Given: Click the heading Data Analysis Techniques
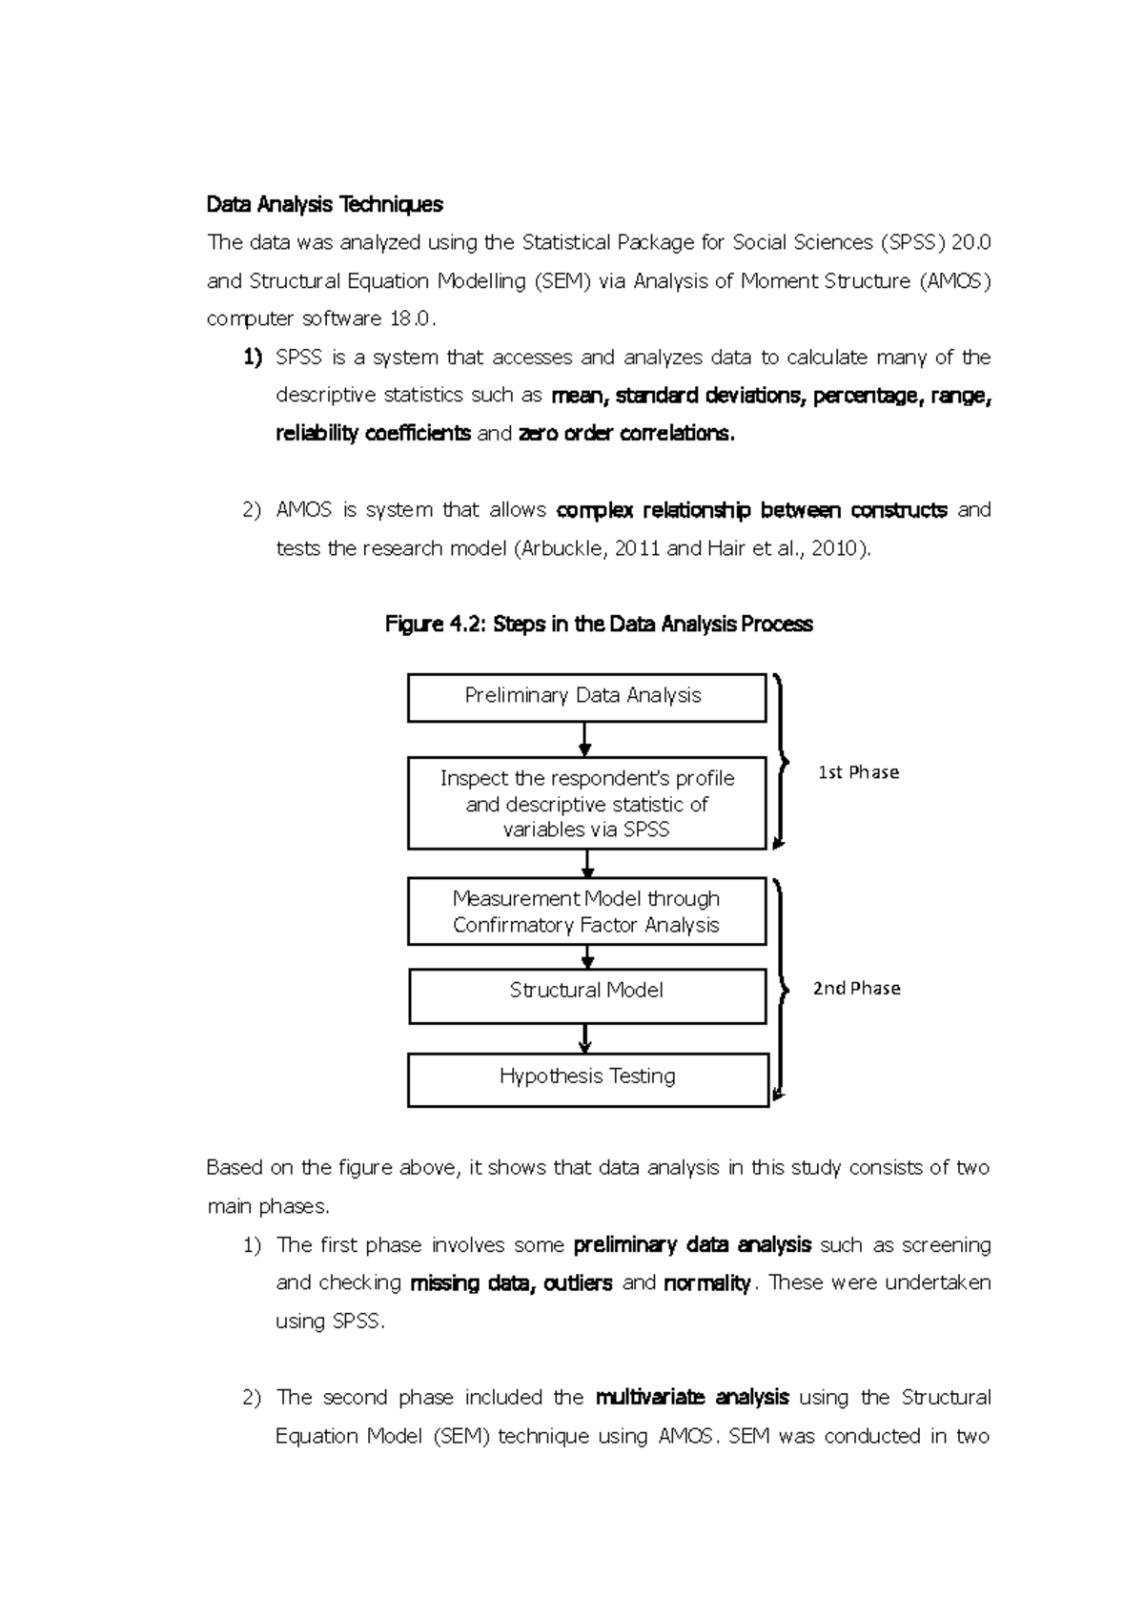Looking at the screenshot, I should tap(325, 204).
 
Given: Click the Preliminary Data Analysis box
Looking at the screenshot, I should tap(586, 697).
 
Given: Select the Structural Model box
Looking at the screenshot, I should tap(586, 993).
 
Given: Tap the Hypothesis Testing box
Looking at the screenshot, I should tap(587, 1078).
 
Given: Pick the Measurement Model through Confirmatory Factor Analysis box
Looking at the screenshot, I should tap(586, 912).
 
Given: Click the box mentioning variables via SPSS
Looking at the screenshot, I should tap(586, 804).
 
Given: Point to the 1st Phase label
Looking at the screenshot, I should tap(858, 772).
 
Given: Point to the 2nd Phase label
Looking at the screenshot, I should tap(856, 989).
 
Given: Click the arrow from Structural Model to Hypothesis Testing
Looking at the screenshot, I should tap(585, 1038).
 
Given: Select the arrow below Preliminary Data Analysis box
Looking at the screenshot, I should tap(585, 740).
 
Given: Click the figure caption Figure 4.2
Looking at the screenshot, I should tap(599, 625).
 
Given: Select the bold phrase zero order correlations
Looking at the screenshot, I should tap(626, 434).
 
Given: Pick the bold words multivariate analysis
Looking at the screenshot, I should tap(692, 1398).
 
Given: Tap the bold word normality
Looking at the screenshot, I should tap(707, 1283).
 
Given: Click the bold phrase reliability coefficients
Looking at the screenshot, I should tap(373, 434).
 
